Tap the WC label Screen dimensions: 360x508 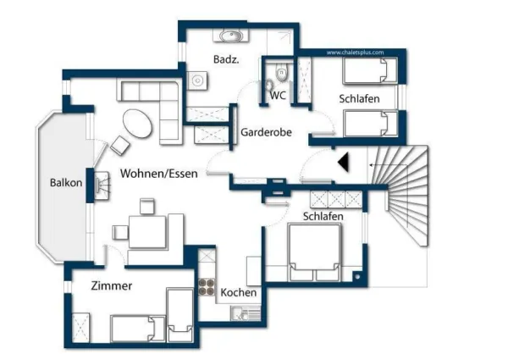point(278,96)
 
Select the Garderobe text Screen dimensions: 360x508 point(266,133)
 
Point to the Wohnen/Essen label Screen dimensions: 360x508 point(158,174)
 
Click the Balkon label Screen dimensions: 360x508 point(65,182)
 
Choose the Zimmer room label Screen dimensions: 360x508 point(111,285)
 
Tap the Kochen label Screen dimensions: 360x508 point(239,292)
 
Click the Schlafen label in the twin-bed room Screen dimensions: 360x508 point(359,99)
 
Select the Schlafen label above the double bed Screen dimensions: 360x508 point(323,217)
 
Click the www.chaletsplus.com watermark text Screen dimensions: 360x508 point(355,53)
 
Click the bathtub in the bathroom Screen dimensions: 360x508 point(229,36)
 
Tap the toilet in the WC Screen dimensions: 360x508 point(269,84)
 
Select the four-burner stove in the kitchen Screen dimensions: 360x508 point(206,287)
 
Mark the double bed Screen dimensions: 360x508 point(314,252)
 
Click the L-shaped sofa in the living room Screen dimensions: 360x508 point(157,102)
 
